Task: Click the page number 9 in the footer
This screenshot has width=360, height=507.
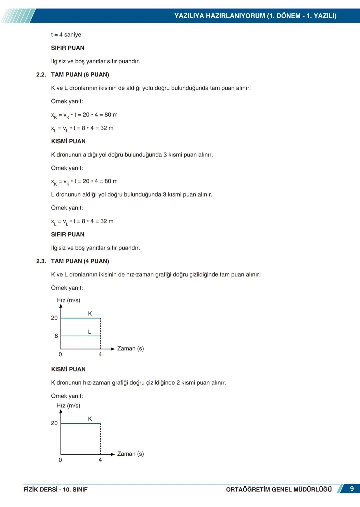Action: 352,489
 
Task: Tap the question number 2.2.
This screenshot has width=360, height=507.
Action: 41,75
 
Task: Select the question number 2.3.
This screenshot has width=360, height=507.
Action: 41,261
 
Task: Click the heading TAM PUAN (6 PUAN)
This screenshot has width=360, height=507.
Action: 80,75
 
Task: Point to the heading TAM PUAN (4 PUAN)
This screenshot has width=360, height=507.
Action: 80,261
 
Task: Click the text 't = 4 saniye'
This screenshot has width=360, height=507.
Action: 66,35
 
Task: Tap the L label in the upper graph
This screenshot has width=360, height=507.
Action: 90,332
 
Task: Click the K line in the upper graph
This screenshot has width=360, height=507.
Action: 80,318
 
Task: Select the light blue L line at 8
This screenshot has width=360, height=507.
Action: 80,336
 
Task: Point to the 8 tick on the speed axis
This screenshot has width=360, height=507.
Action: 56,336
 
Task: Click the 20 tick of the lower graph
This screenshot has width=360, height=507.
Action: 54,423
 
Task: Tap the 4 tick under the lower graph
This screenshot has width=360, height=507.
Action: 100,460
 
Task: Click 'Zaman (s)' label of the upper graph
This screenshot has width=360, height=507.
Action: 130,348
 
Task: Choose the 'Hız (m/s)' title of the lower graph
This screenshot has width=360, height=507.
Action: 68,405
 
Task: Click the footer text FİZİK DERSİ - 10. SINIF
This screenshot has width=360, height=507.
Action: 55,489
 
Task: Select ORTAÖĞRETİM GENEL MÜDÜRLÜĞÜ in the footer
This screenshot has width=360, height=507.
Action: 279,489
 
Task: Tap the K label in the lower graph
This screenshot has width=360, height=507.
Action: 90,419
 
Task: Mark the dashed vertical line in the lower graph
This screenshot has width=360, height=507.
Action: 100,439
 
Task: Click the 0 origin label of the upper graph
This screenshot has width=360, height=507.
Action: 60,354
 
